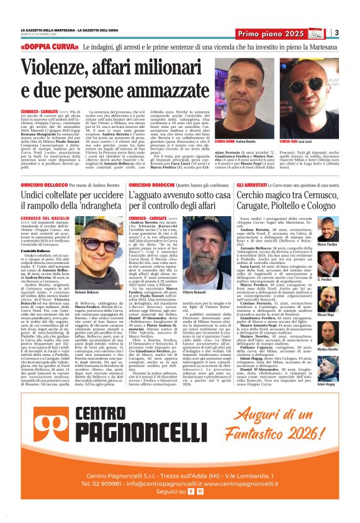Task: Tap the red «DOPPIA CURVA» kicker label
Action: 42,47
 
